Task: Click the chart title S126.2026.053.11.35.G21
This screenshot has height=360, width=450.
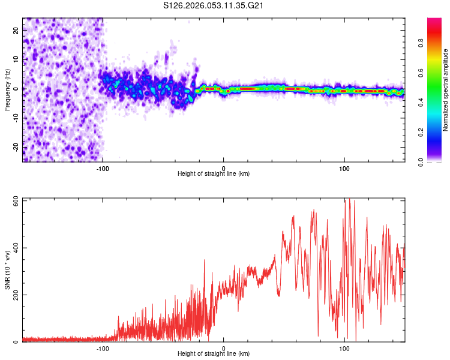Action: pyautogui.click(x=214, y=6)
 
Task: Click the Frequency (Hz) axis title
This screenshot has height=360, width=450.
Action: pyautogui.click(x=7, y=89)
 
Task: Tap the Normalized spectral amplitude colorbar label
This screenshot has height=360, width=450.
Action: pyautogui.click(x=446, y=90)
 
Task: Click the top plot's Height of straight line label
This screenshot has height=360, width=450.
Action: pyautogui.click(x=214, y=173)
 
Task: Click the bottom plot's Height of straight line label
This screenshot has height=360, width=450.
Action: pyautogui.click(x=214, y=353)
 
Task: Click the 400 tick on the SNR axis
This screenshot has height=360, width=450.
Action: pyautogui.click(x=14, y=248)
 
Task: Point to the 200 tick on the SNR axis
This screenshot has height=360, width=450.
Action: pyautogui.click(x=14, y=295)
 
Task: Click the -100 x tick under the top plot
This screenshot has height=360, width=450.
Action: pyautogui.click(x=103, y=167)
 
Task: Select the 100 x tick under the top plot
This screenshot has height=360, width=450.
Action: pyautogui.click(x=344, y=167)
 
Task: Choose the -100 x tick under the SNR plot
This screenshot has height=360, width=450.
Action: pyautogui.click(x=103, y=348)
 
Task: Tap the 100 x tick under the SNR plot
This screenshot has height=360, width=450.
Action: pyautogui.click(x=344, y=348)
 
